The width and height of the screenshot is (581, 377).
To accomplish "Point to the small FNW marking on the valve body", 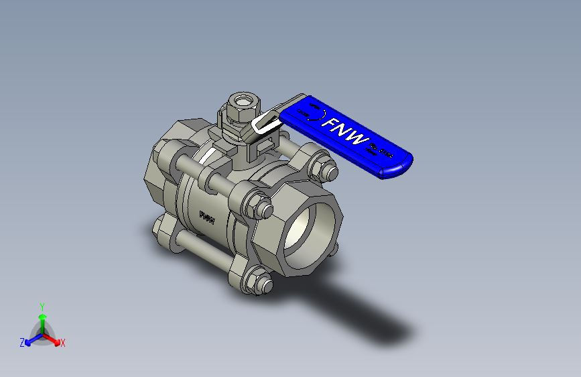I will tap(208, 218).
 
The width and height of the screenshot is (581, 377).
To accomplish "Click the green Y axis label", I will tap(42, 306).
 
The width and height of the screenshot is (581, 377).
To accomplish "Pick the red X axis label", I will tap(63, 343).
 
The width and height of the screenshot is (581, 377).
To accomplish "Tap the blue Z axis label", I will tap(22, 343).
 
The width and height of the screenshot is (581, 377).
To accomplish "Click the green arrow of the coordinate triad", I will tap(42, 319).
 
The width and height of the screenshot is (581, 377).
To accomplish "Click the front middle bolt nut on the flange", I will tap(259, 205).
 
